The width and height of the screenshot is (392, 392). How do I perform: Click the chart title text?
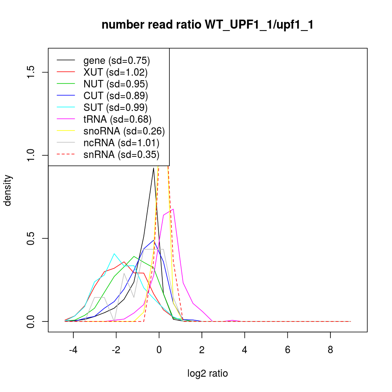(x=207, y=25)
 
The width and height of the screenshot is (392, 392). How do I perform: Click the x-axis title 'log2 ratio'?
(x=208, y=374)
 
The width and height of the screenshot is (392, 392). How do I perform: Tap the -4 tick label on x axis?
(x=73, y=350)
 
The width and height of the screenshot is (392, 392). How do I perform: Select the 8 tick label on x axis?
(x=330, y=350)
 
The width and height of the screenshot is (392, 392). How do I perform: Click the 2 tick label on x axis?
(x=202, y=350)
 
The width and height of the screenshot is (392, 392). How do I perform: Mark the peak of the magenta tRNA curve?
(x=173, y=209)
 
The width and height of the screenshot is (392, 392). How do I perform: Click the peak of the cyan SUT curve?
(x=114, y=254)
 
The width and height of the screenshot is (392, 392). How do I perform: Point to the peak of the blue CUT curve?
(x=154, y=240)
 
